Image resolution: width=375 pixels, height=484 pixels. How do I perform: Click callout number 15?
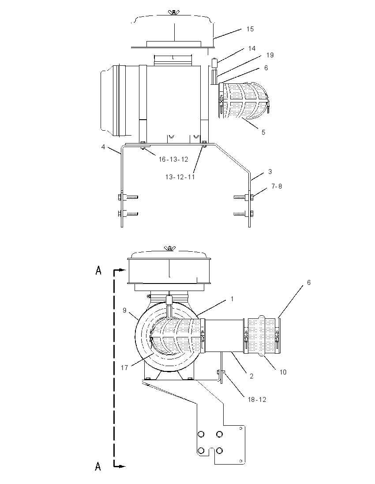250,29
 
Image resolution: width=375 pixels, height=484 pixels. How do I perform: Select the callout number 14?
252,49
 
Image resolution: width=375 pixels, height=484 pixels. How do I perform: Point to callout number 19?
270,55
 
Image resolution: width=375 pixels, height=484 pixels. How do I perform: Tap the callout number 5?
263,132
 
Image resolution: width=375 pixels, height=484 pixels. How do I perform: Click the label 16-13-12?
173,159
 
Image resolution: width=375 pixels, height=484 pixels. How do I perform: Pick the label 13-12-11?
180,177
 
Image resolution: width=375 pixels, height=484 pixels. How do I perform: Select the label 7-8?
277,186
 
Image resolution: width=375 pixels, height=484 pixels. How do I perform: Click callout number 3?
270,172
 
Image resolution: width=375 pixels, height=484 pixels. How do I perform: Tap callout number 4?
103,147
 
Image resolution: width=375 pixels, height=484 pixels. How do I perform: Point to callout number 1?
232,299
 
